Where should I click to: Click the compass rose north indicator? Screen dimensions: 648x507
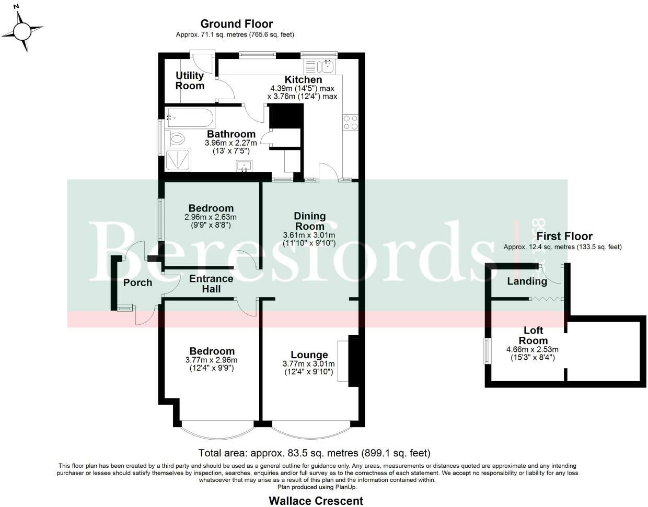coord(22,28)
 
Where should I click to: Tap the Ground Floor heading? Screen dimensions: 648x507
coord(237,24)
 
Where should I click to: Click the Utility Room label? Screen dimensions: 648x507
coord(190,81)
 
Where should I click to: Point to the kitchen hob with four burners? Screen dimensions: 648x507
coord(351,122)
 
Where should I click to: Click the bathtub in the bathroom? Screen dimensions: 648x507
coord(189,118)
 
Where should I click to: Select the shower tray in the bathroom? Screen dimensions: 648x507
coord(178,159)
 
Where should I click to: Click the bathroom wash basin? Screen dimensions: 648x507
coord(244,166)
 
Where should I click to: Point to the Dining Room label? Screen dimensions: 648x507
coord(309,221)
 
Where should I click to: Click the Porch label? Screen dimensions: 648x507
coord(137,282)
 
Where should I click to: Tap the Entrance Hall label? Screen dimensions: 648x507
coord(211,284)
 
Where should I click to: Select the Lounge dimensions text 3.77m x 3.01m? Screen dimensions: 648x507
coord(309,364)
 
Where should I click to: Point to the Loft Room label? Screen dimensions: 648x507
coord(533,335)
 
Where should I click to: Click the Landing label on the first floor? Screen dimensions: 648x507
coord(527,281)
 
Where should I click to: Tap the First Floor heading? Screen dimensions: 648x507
coord(564,236)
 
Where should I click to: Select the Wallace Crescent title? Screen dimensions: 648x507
coord(316,501)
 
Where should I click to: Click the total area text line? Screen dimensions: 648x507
coord(314,453)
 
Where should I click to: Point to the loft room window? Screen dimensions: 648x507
coord(487,350)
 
